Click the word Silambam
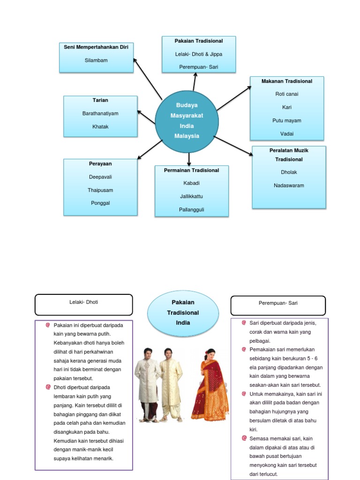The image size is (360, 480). click(x=96, y=60)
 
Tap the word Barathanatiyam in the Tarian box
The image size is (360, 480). click(x=100, y=113)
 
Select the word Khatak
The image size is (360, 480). click(x=100, y=127)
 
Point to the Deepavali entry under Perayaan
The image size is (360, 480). click(x=100, y=177)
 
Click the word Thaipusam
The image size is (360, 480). click(x=100, y=190)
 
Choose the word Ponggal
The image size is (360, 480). click(x=100, y=203)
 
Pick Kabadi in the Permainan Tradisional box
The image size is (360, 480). click(x=191, y=183)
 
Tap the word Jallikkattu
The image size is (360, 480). click(x=191, y=196)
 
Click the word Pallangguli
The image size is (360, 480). click(x=191, y=210)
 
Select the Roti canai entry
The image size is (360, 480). click(x=286, y=94)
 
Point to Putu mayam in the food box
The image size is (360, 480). click(x=286, y=121)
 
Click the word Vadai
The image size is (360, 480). click(x=286, y=134)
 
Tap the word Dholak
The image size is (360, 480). click(x=289, y=172)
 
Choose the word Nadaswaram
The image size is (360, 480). click(x=289, y=186)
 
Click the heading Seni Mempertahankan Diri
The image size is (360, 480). click(x=96, y=47)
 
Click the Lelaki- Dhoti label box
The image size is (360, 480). click(x=84, y=305)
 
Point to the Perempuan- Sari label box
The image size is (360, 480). click(x=278, y=305)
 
